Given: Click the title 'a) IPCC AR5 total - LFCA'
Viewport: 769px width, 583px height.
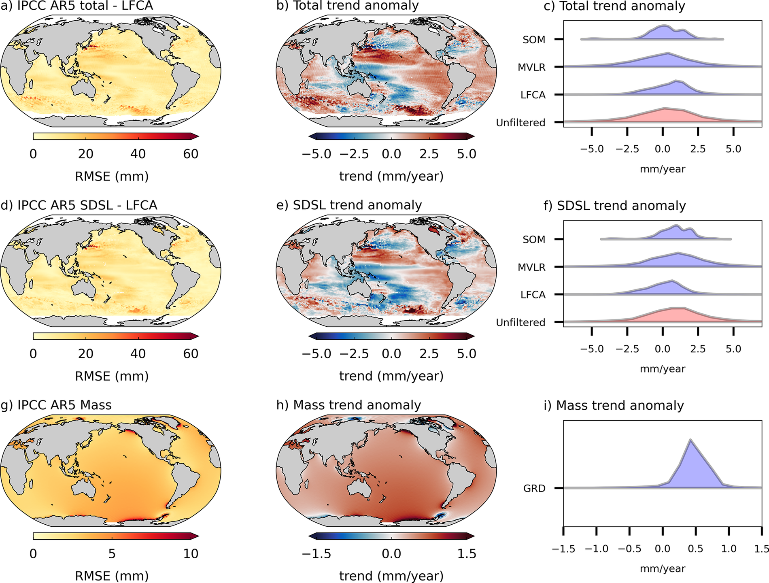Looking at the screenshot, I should [77, 6].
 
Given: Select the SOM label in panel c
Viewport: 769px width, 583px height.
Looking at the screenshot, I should [534, 40].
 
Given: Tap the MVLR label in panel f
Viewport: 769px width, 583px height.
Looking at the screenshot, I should [531, 267].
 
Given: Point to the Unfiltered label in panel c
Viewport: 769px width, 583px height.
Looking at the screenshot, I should [520, 123].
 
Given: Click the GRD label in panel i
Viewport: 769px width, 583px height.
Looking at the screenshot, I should [534, 489].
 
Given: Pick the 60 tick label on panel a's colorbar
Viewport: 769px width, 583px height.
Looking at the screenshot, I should [191, 154].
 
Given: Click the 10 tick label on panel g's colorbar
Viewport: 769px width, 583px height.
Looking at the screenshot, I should [191, 554].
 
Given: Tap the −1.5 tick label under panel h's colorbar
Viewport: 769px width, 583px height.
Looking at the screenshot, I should [316, 554].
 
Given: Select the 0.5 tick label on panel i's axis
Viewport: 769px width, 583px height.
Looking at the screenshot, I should [695, 549].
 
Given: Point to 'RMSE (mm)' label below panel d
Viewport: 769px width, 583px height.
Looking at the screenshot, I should [112, 376].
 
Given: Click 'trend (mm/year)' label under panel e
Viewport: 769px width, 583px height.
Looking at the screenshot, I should [391, 376].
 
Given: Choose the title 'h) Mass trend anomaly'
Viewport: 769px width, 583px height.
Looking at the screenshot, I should [348, 405].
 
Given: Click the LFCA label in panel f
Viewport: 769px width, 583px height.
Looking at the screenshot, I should [533, 295].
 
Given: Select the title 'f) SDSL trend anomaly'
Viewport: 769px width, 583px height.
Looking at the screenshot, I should [614, 206].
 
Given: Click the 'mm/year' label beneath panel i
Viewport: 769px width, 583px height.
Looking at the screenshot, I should [663, 569].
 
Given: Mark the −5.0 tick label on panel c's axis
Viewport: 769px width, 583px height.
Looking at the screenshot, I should [591, 149].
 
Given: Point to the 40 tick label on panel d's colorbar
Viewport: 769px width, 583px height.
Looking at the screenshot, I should [138, 354].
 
